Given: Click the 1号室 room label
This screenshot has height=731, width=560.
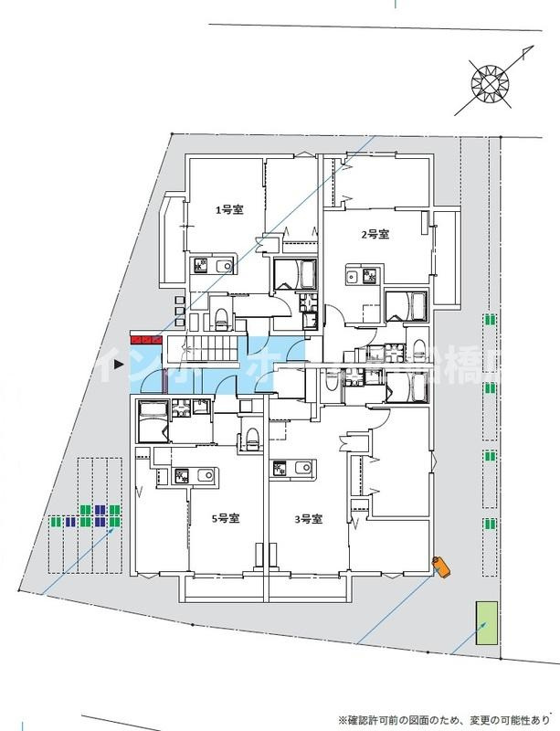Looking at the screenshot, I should click(x=228, y=210).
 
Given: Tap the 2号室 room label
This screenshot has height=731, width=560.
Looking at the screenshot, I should click(x=375, y=235).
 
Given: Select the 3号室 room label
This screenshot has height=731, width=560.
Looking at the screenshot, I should click(x=308, y=519).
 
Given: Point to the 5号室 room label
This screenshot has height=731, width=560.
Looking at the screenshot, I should click(x=226, y=519).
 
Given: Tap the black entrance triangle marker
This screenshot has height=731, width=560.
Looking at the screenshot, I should click(x=118, y=367).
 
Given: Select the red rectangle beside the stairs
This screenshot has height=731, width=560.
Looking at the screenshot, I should click(x=147, y=341).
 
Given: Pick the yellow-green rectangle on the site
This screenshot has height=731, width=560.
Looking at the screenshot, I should click(x=483, y=623).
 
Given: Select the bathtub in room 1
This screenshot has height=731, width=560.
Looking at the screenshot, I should click(x=295, y=274).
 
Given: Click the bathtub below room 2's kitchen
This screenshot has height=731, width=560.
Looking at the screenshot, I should click(x=406, y=305).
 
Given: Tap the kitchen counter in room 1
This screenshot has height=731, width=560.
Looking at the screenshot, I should click(x=211, y=266).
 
